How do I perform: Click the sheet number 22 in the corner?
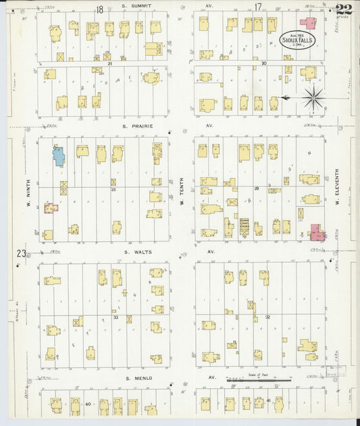pos(343,9)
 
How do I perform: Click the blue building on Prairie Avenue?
pos(59,156)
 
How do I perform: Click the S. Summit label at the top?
pos(136,6)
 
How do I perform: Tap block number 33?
pos(115,317)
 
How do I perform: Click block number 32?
pos(267,316)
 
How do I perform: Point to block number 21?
pos(109,63)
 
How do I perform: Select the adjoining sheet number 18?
pos(99,9)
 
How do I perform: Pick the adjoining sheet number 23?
pos(21,253)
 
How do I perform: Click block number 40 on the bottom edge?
pos(88,403)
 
